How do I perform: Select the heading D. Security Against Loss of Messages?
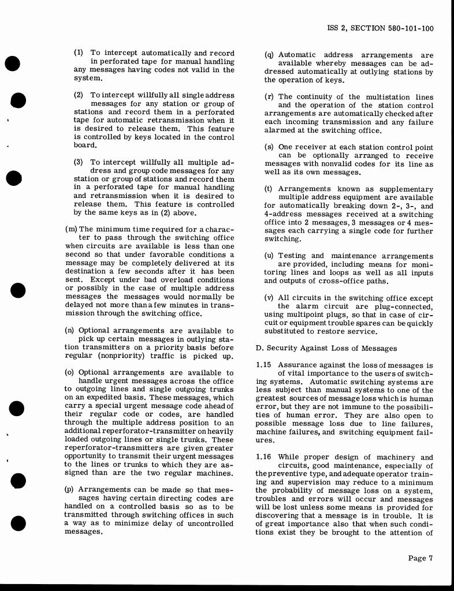click(x=326, y=348)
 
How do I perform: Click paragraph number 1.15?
click(x=265, y=365)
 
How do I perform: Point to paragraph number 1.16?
click(x=265, y=457)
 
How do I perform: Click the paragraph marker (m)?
click(x=71, y=230)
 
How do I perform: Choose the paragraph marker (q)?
click(x=269, y=55)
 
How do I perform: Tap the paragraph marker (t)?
click(x=269, y=189)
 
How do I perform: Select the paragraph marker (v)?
click(x=269, y=298)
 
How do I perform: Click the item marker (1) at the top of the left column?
click(x=79, y=53)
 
